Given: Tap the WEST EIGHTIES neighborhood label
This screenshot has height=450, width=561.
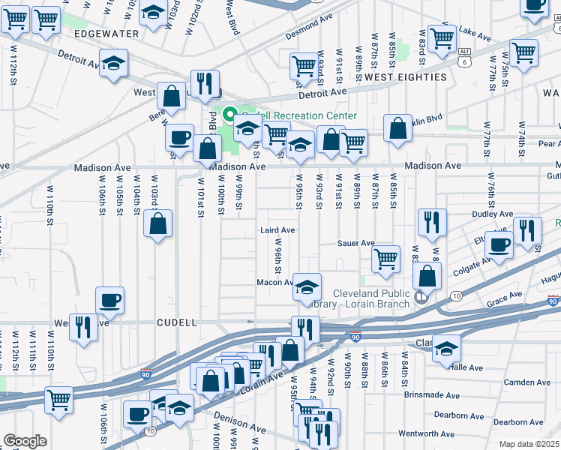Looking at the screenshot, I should (406, 77).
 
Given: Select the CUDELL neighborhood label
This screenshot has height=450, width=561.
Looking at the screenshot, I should (176, 322).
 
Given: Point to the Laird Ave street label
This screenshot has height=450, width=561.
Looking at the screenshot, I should (277, 230).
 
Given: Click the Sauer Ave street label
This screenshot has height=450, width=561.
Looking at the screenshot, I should (355, 243).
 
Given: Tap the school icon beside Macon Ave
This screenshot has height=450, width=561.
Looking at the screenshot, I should (306, 287).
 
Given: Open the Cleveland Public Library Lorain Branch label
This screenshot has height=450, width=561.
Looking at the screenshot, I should (361, 298).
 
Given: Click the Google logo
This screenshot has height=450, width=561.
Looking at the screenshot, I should (25, 441).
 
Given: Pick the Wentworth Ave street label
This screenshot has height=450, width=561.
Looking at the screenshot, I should (425, 433).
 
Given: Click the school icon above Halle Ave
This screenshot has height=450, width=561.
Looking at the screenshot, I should (446, 348).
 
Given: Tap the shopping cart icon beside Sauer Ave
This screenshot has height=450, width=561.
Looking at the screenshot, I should (385, 259).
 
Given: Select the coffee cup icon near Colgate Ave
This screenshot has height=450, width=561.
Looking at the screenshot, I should (499, 244).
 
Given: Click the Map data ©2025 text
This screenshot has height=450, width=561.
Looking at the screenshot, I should (529, 444).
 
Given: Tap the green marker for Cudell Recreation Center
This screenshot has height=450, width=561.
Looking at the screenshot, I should (230, 116).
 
